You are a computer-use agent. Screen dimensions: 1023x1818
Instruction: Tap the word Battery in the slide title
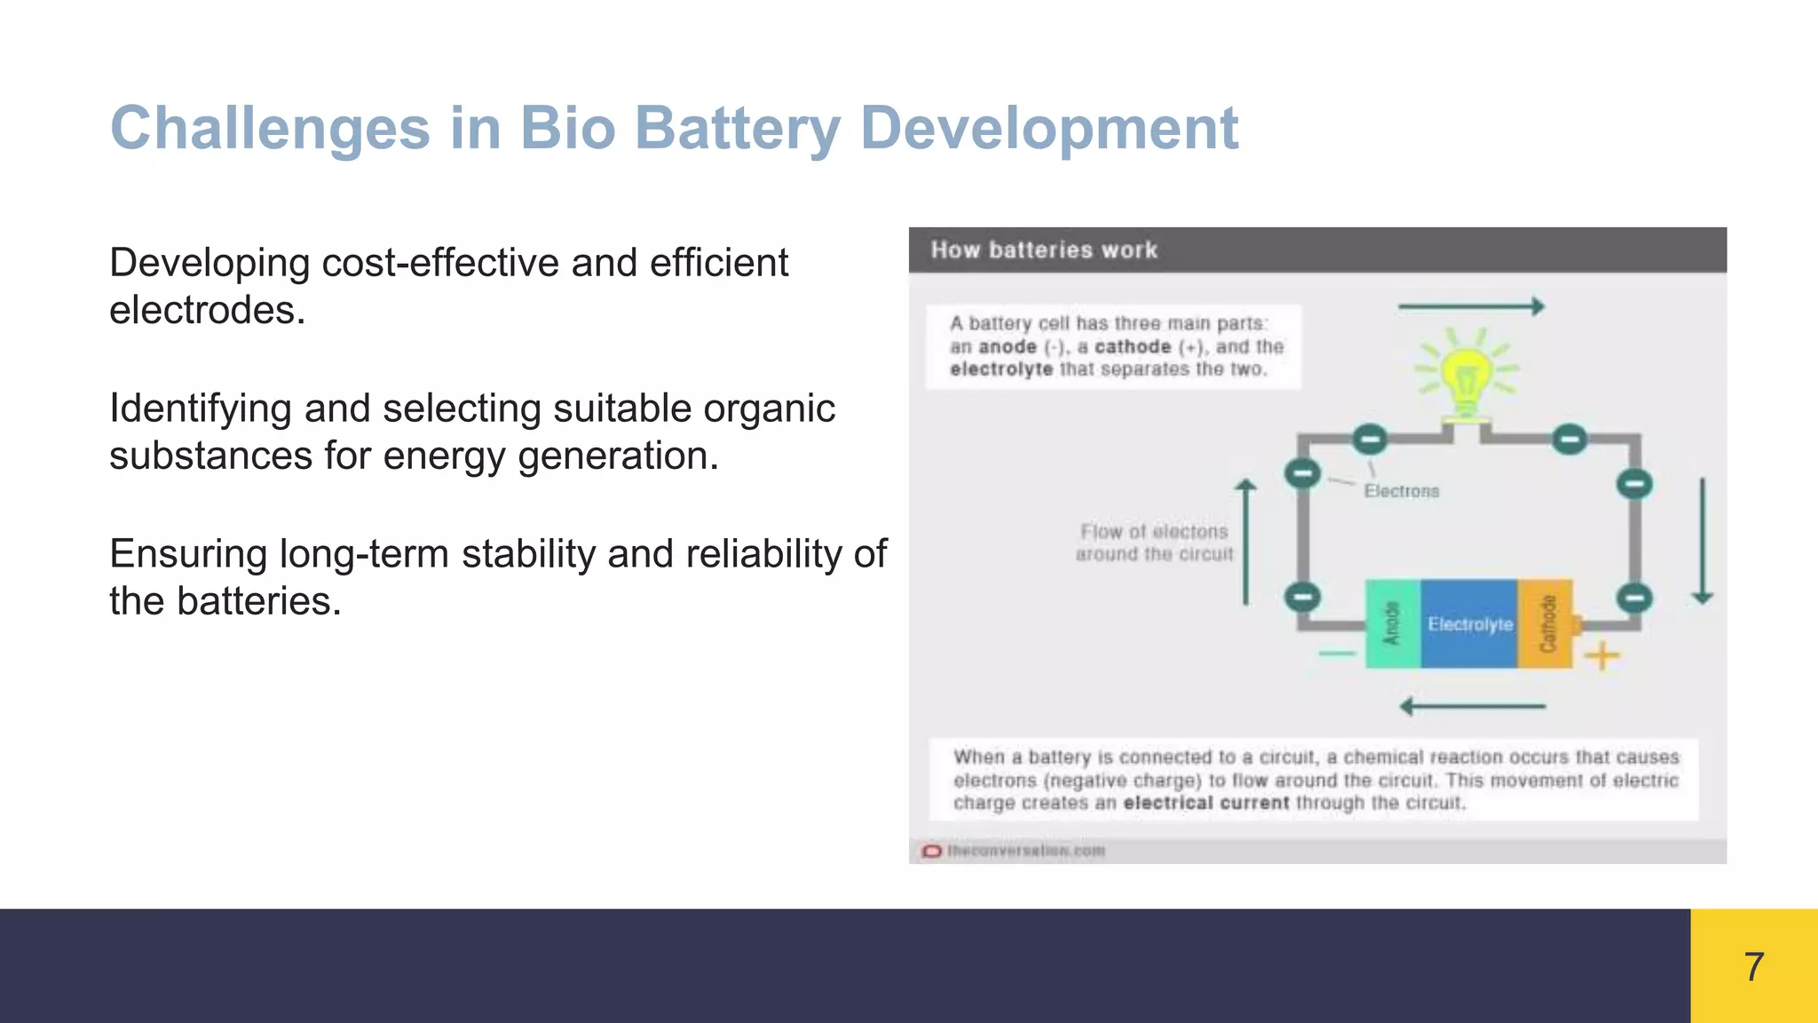[x=738, y=129]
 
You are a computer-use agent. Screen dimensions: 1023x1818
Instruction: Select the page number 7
[x=1753, y=966]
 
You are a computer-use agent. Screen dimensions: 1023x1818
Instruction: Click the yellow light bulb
[x=1466, y=377]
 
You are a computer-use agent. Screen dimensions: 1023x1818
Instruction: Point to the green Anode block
[x=1392, y=623]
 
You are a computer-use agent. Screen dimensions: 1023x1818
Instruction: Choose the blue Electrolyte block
[x=1469, y=623]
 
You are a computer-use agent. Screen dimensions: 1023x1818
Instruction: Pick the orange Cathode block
[x=1545, y=623]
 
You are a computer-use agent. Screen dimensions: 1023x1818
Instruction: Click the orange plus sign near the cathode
[x=1602, y=657]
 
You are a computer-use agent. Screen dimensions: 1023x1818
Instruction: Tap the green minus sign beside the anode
[x=1337, y=654]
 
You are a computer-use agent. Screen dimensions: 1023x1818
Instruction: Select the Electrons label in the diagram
[x=1401, y=491]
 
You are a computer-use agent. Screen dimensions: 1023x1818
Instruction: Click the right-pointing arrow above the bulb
[x=1471, y=307]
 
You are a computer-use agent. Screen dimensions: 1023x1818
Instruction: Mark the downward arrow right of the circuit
[x=1703, y=541]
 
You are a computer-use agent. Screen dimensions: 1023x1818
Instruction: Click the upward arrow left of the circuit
[x=1246, y=542]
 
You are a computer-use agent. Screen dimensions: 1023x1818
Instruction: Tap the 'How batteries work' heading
[x=1044, y=250]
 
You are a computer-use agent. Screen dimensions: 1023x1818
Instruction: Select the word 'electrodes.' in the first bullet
[x=207, y=311]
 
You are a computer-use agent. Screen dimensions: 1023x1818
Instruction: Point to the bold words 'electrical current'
[x=1205, y=803]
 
